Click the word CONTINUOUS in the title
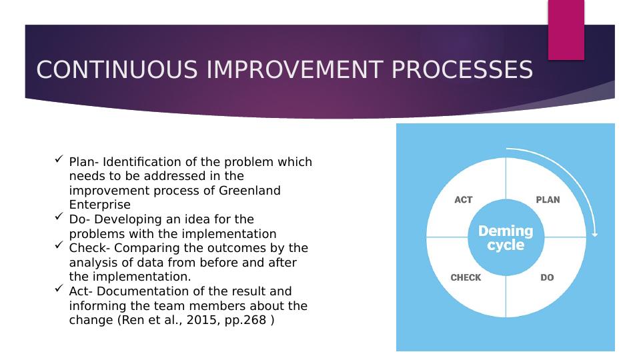pyautogui.click(x=117, y=69)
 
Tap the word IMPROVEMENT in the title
pyautogui.click(x=295, y=69)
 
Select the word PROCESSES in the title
pyautogui.click(x=462, y=69)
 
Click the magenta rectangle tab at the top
pyautogui.click(x=566, y=30)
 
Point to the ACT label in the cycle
pyautogui.click(x=464, y=200)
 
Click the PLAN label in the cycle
pyautogui.click(x=548, y=200)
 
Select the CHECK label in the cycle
pyautogui.click(x=466, y=277)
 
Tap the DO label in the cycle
pyautogui.click(x=547, y=277)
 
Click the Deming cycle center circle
pyautogui.click(x=506, y=237)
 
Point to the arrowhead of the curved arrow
pyautogui.click(x=595, y=235)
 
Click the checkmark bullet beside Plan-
pyautogui.click(x=59, y=159)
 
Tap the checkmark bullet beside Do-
pyautogui.click(x=59, y=216)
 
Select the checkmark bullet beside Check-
pyautogui.click(x=59, y=245)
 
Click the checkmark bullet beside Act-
pyautogui.click(x=59, y=288)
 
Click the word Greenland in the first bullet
pyautogui.click(x=249, y=191)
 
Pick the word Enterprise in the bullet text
pyautogui.click(x=100, y=205)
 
